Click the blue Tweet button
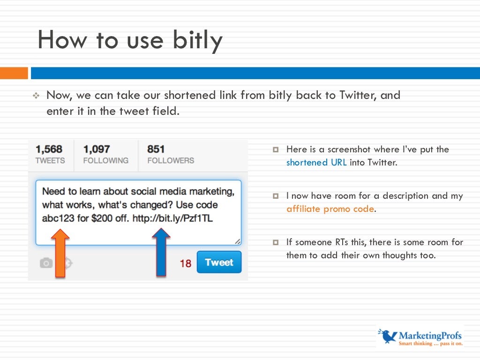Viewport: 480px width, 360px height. [219, 262]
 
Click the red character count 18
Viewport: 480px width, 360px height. [186, 263]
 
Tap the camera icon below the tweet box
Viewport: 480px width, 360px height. [46, 263]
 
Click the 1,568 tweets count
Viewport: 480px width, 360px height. [49, 149]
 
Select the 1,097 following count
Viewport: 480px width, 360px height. [97, 149]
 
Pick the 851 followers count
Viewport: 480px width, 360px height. [156, 149]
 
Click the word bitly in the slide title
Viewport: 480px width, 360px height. [198, 40]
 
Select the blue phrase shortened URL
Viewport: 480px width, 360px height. [316, 163]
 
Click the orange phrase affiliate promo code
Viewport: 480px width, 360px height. [330, 209]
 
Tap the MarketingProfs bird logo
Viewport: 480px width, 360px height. [387, 336]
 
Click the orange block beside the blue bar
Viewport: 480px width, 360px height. [14, 73]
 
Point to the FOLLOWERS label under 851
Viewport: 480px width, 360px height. [171, 160]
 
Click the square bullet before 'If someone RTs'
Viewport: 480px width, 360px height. [276, 242]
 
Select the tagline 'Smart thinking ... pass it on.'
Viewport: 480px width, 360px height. [430, 344]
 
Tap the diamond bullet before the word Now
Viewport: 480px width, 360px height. [36, 96]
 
